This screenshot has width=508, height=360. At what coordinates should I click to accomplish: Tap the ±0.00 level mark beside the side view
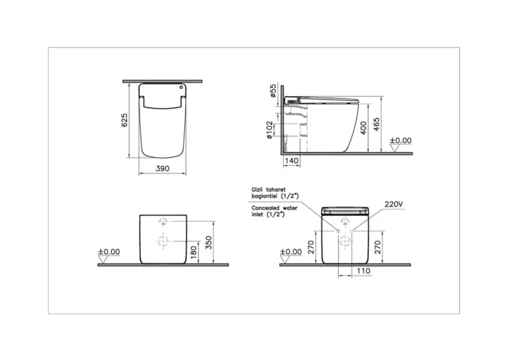click(401, 140)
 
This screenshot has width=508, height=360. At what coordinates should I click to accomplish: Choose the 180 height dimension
click(193, 252)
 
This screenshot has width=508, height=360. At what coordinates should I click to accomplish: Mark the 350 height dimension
click(209, 242)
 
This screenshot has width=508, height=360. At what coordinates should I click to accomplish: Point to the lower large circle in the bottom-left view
click(163, 241)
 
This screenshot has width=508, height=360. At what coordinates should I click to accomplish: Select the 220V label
click(393, 204)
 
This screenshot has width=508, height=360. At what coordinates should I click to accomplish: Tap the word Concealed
click(259, 208)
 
